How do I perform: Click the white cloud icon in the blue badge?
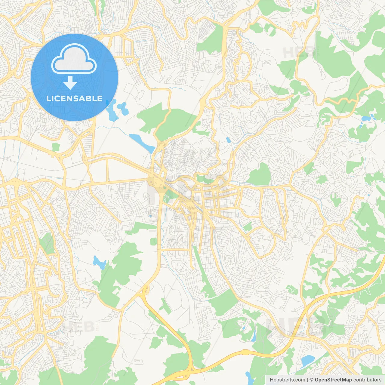coord(74,59)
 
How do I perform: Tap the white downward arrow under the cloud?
coord(70,83)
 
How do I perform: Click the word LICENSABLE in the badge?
coord(74,98)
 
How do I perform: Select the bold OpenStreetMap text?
coord(333,380)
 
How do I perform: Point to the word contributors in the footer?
coord(367,380)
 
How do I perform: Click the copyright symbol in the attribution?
coord(312,380)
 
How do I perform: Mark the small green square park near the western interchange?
coord(56,147)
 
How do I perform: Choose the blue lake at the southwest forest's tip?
coord(99,262)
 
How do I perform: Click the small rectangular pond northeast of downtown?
coord(228,140)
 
